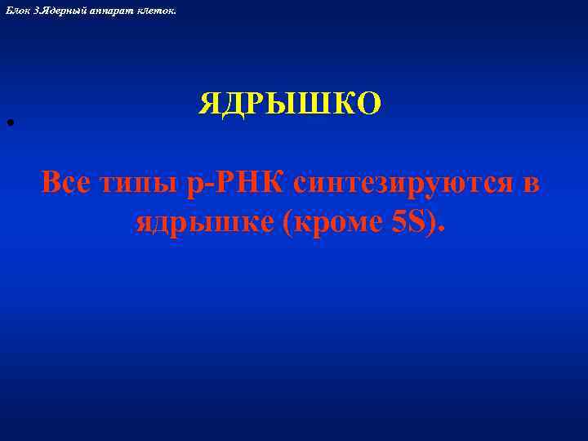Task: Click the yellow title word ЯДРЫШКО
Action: coord(290,104)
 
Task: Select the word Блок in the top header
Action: coord(16,7)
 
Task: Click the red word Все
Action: coord(69,182)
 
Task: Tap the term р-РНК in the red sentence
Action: coord(237,184)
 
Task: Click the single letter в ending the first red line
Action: coord(531,184)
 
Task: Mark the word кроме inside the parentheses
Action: coord(335,220)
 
